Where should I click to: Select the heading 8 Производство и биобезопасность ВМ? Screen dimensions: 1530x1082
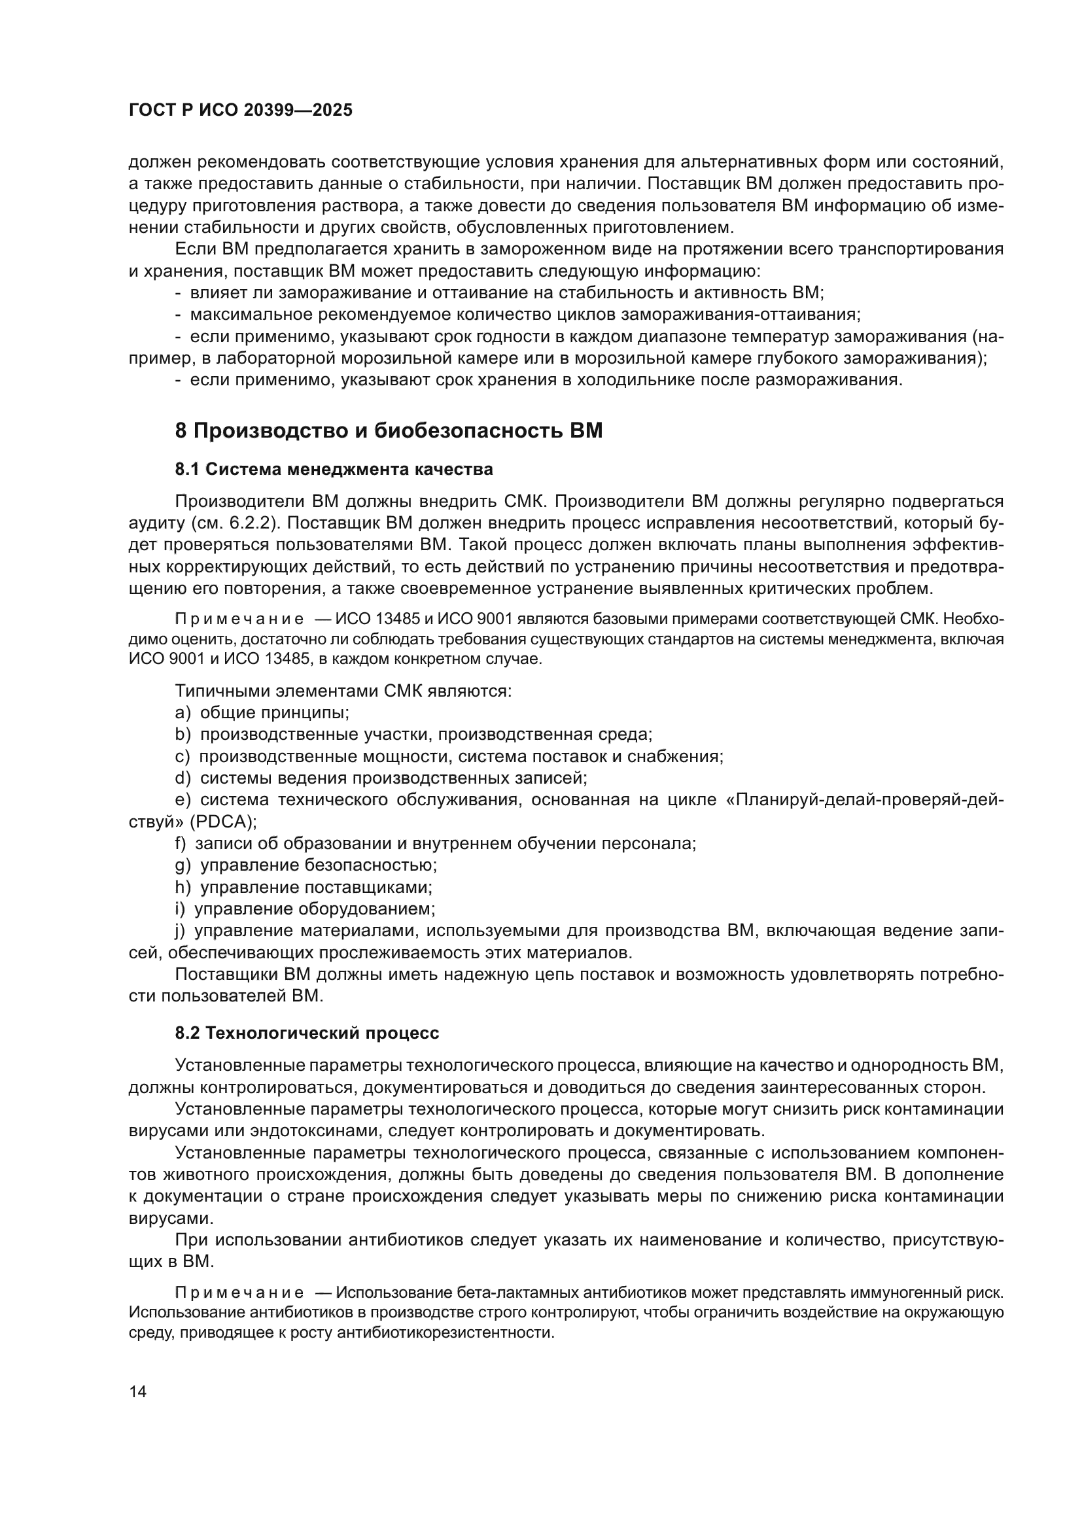click(389, 431)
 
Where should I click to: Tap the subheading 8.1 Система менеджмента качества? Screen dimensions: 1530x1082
click(334, 469)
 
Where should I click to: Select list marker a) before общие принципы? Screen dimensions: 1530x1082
click(183, 712)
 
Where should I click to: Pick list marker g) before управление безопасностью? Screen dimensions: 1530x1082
click(183, 865)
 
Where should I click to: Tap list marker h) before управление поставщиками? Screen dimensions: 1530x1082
click(183, 888)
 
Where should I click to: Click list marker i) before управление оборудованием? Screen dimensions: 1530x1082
click(180, 909)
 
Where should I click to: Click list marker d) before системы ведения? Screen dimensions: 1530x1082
click(183, 778)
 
